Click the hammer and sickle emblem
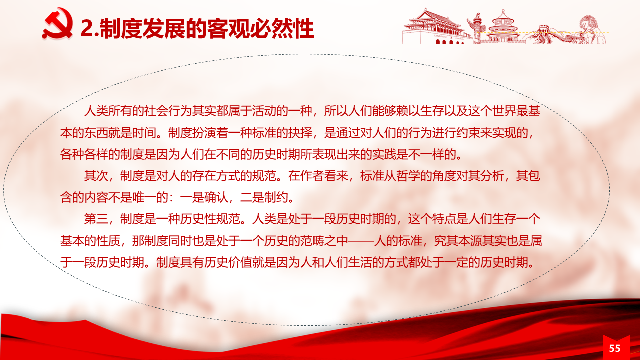[x=57, y=23]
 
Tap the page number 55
[x=615, y=348]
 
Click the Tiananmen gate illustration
[x=434, y=27]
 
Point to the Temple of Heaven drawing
[x=503, y=27]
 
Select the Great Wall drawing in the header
[x=543, y=35]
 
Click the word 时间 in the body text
[x=144, y=133]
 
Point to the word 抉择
[x=300, y=133]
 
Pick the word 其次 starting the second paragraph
[x=96, y=176]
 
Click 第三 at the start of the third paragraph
[x=96, y=219]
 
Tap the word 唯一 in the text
[x=144, y=197]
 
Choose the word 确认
[x=216, y=197]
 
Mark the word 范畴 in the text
[x=312, y=241]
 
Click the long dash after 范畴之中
[x=360, y=241]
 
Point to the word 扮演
[x=204, y=133]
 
